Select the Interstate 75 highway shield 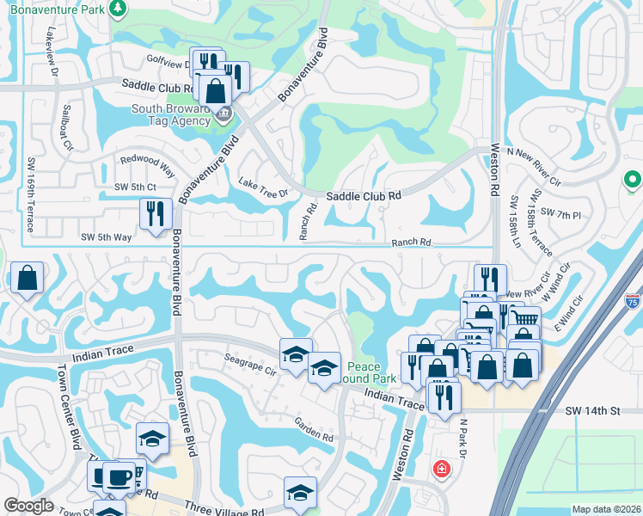click(x=632, y=301)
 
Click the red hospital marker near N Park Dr click(x=441, y=470)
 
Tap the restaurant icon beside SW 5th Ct click(x=155, y=214)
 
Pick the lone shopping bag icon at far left click(x=27, y=279)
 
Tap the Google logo click(x=28, y=506)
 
